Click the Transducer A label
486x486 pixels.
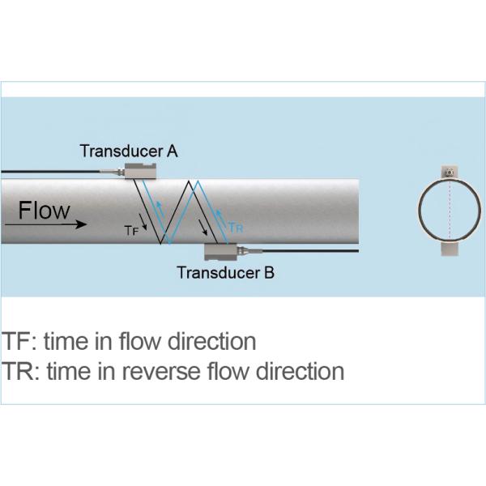coord(130,150)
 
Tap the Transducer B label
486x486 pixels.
coord(225,273)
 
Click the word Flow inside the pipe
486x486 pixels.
coord(45,211)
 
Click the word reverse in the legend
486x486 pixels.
coord(171,372)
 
